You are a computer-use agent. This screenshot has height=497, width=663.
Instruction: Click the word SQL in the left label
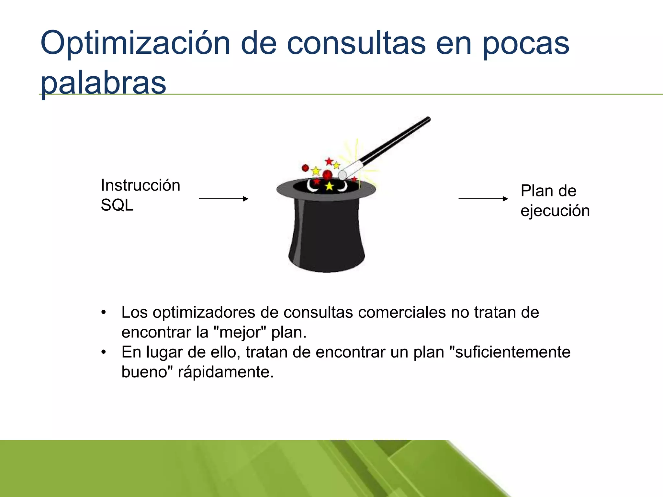click(x=117, y=205)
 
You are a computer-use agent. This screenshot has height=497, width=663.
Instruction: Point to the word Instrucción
click(x=140, y=185)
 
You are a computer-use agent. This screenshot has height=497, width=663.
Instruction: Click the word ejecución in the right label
click(x=555, y=211)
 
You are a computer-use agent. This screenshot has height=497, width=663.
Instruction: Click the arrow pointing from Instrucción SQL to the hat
click(x=223, y=199)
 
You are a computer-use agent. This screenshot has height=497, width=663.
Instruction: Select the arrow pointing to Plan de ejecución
click(x=483, y=199)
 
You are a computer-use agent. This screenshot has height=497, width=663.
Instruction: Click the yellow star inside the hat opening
click(x=329, y=186)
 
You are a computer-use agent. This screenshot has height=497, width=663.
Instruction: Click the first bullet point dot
click(x=103, y=313)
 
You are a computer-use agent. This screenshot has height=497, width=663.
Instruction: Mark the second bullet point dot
click(x=103, y=352)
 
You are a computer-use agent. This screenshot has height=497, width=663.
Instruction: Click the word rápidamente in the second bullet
click(x=226, y=372)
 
